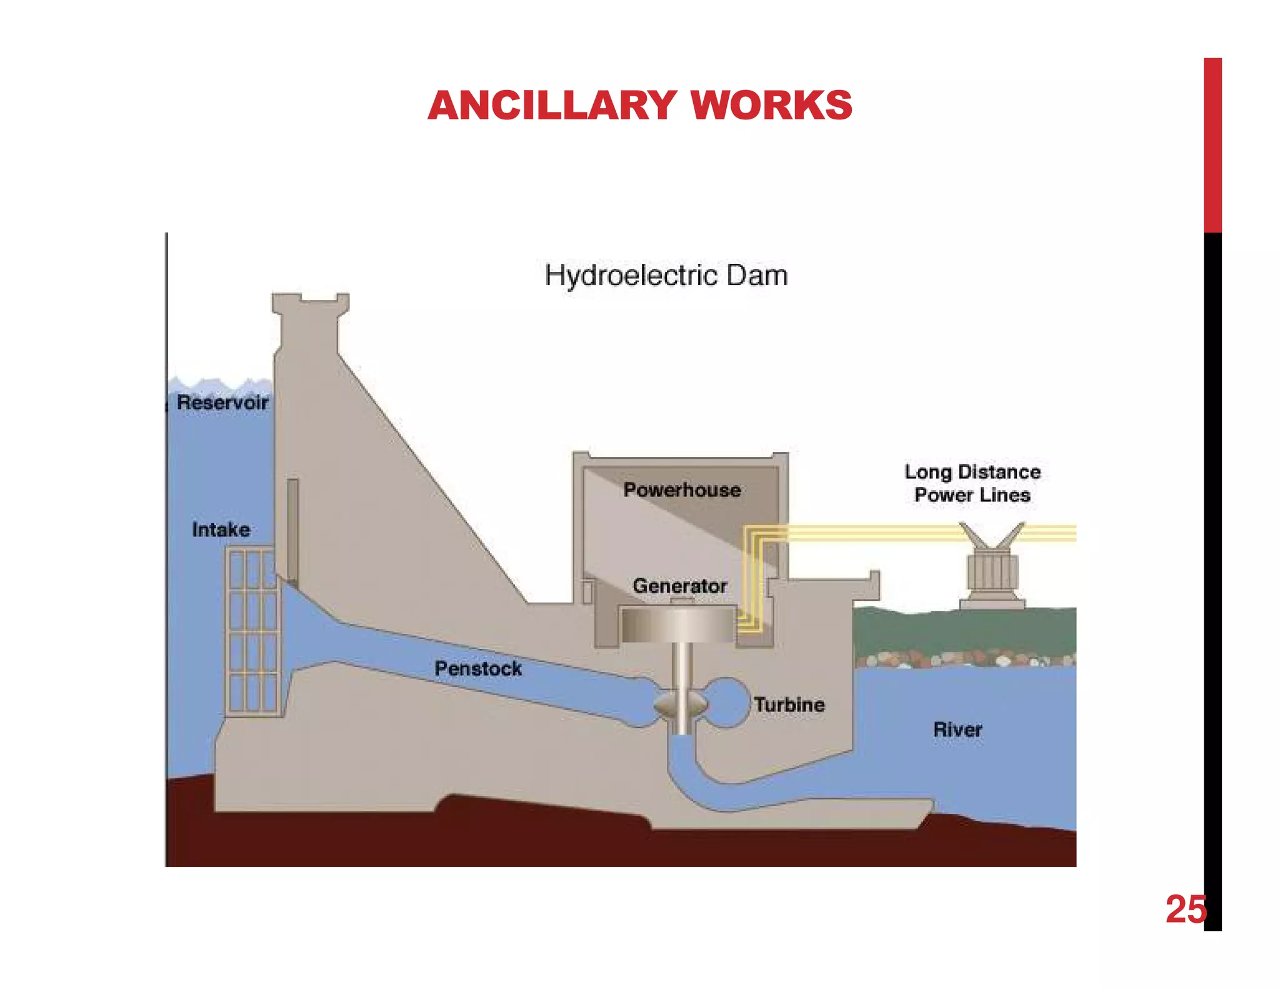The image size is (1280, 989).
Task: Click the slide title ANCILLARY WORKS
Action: point(640,105)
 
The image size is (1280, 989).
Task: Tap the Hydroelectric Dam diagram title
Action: point(666,276)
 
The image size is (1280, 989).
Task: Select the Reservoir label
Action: point(222,402)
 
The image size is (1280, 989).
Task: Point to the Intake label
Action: point(221,530)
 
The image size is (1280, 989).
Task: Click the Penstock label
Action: point(478,668)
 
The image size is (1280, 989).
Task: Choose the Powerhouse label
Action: point(682,489)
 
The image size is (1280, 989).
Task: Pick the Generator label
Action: point(679,586)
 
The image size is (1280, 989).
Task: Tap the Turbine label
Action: point(789,705)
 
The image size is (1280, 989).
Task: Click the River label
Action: point(957,729)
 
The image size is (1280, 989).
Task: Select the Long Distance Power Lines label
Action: point(972,483)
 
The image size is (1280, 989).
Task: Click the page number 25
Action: point(1185,909)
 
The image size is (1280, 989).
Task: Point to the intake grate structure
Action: point(252,631)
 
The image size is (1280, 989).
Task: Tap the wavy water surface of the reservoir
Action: point(219,383)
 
